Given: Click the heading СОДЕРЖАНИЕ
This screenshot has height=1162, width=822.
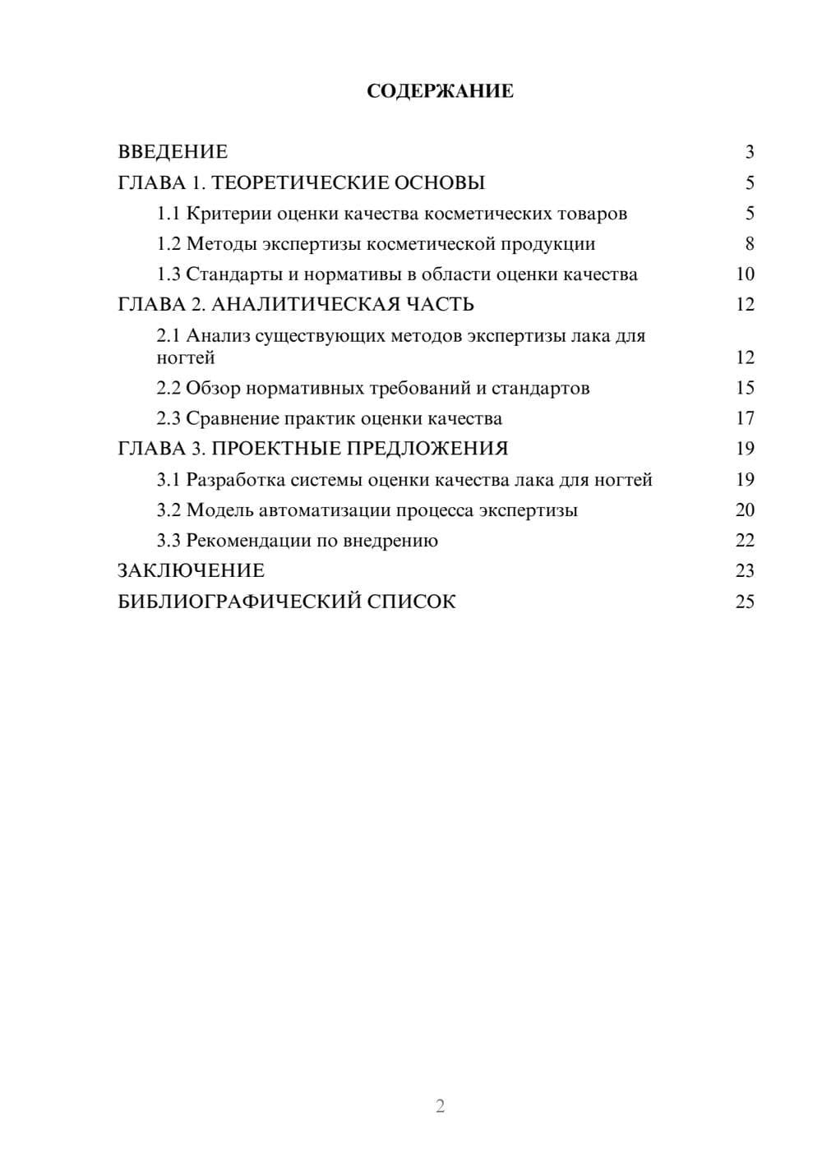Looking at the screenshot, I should [x=440, y=91].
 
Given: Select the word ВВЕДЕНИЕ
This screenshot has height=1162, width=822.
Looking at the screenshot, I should [x=173, y=152].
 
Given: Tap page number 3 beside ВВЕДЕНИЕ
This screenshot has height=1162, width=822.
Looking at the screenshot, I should [x=749, y=152].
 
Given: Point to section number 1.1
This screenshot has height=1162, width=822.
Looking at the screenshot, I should [x=169, y=214].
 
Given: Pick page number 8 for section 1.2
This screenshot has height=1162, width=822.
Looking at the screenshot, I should [x=749, y=244].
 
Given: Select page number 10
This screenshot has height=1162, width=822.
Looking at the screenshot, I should [x=745, y=274].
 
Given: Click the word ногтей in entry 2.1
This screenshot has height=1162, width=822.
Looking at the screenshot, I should [x=186, y=358].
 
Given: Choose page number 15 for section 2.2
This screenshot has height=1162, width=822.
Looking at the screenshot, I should [x=745, y=388].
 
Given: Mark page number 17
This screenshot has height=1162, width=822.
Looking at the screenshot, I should [x=745, y=419].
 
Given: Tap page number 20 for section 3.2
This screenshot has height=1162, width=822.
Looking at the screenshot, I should [x=745, y=510].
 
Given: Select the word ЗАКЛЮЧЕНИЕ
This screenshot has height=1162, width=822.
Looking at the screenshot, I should [x=191, y=571].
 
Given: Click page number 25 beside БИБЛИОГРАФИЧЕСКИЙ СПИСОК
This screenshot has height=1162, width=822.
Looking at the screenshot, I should [x=745, y=602].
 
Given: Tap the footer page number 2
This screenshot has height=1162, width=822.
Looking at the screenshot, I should [x=440, y=1106].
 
